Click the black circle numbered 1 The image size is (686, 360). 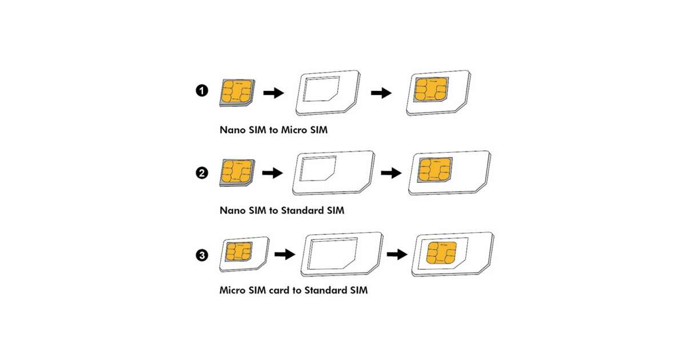pos(202,91)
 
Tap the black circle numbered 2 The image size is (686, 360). pos(202,173)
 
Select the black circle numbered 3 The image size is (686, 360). pos(202,255)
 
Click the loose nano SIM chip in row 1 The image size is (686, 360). pos(237,93)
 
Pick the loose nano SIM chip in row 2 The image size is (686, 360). pos(237,173)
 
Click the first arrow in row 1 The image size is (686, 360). pos(274,93)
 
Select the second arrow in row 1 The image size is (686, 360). pos(381,93)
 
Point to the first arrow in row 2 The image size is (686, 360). pos(273,173)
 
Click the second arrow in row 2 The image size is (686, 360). pos(391,173)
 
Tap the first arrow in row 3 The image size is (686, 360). pos(285,254)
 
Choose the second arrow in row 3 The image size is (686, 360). pos(397,254)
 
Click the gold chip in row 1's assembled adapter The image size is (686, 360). pos(431,89)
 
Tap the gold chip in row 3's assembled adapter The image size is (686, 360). pos(441,253)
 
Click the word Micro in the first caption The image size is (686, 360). pos(294,130)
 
